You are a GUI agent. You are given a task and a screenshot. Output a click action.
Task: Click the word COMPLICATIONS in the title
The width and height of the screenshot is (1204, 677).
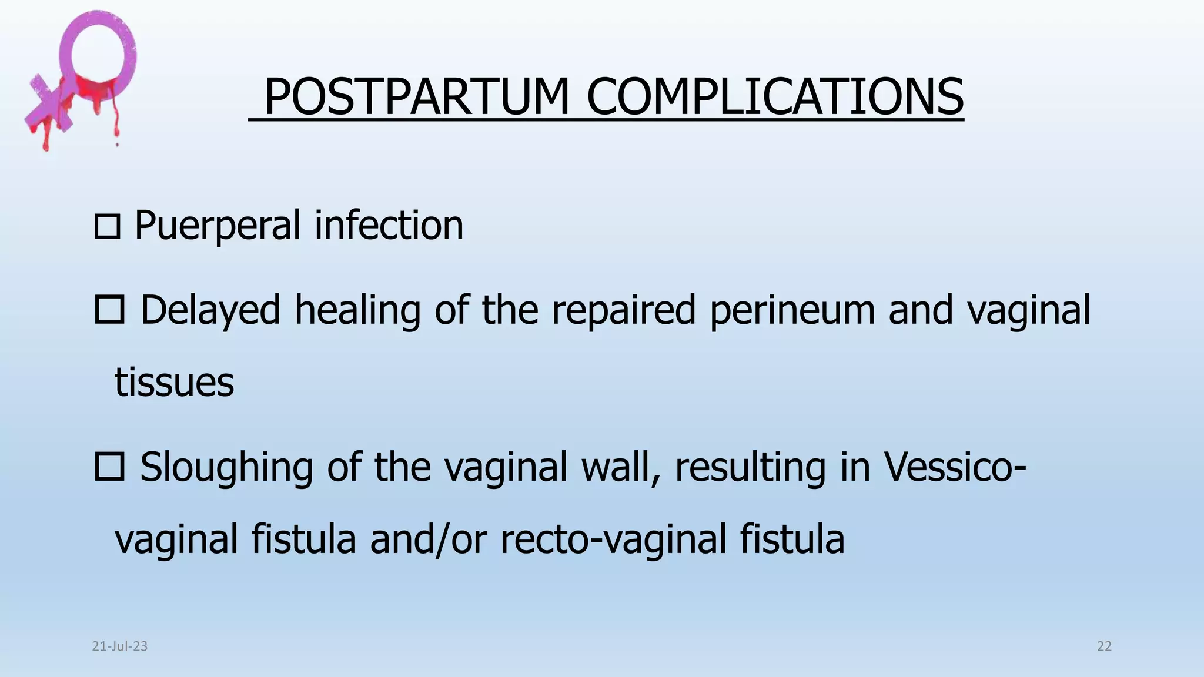pos(775,97)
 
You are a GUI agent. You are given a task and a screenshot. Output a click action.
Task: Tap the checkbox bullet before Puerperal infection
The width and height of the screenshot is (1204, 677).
pos(107,227)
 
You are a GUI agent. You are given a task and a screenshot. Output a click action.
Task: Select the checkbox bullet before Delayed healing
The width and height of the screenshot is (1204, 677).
pos(109,310)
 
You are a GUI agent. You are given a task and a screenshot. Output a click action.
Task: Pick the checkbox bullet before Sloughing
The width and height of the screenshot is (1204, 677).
pos(109,467)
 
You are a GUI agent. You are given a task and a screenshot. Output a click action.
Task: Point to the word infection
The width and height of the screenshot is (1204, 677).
pos(389,226)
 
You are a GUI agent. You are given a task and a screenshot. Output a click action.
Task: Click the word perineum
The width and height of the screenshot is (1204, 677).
pos(792,310)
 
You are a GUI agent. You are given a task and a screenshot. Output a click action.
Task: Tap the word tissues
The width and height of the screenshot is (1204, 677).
pos(174,382)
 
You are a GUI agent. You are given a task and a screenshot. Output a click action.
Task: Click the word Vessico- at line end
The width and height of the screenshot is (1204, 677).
pos(955,467)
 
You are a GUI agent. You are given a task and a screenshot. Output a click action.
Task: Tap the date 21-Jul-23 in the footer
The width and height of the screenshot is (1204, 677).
pos(120,646)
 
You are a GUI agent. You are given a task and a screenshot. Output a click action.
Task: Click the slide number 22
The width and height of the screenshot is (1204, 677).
pos(1104,646)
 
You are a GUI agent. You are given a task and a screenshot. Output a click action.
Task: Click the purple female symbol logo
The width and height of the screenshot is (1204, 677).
pos(82,76)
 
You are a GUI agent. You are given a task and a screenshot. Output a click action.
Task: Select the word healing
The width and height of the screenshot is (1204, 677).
pos(357,310)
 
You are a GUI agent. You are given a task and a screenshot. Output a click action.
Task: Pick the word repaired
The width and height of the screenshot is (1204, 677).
pos(623,310)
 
